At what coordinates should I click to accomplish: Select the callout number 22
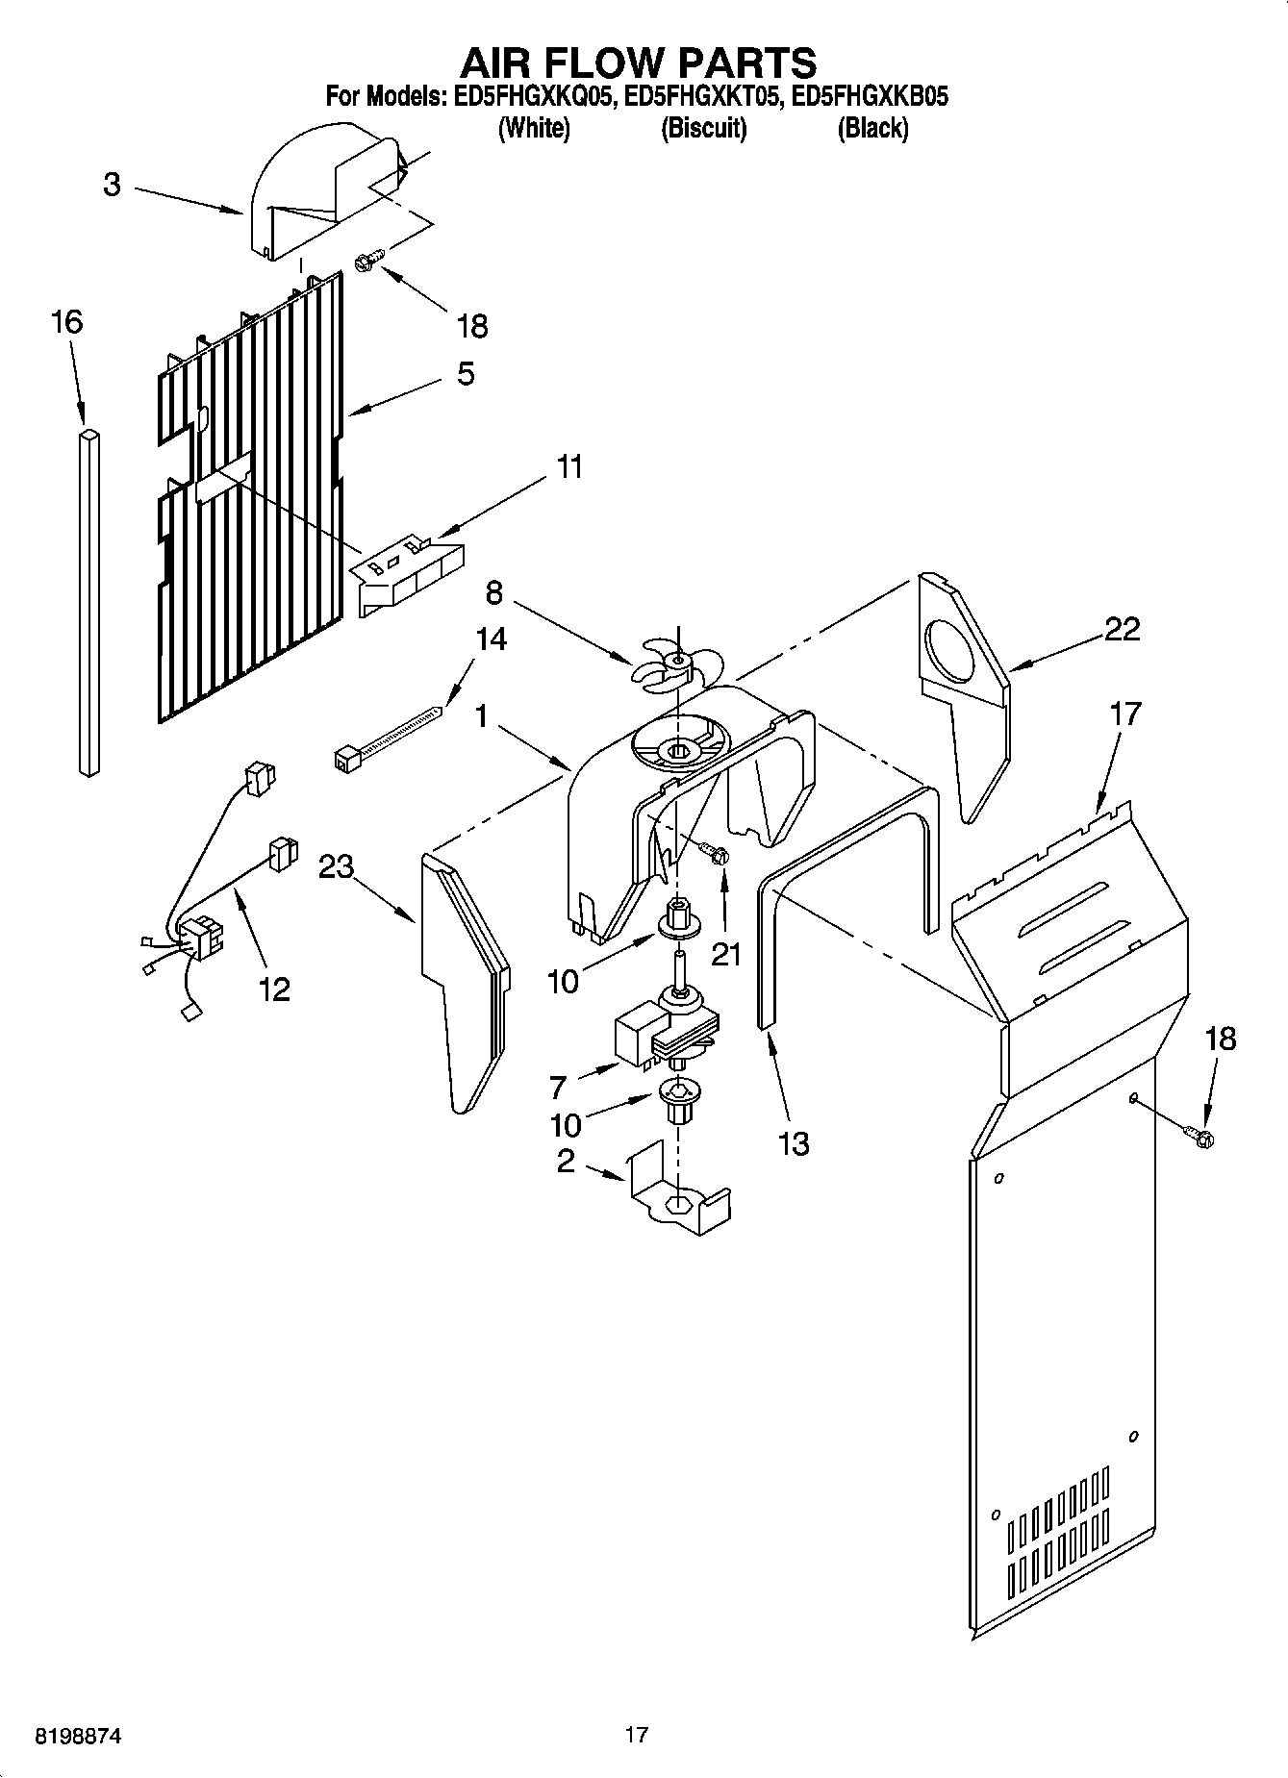[1122, 630]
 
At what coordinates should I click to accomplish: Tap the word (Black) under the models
[871, 128]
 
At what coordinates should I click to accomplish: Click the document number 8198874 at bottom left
[78, 1736]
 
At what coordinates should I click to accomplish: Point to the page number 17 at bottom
[636, 1735]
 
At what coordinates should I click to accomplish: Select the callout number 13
[794, 1143]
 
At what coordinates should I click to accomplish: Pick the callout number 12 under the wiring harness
[274, 989]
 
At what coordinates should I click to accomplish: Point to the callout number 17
[1125, 714]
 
